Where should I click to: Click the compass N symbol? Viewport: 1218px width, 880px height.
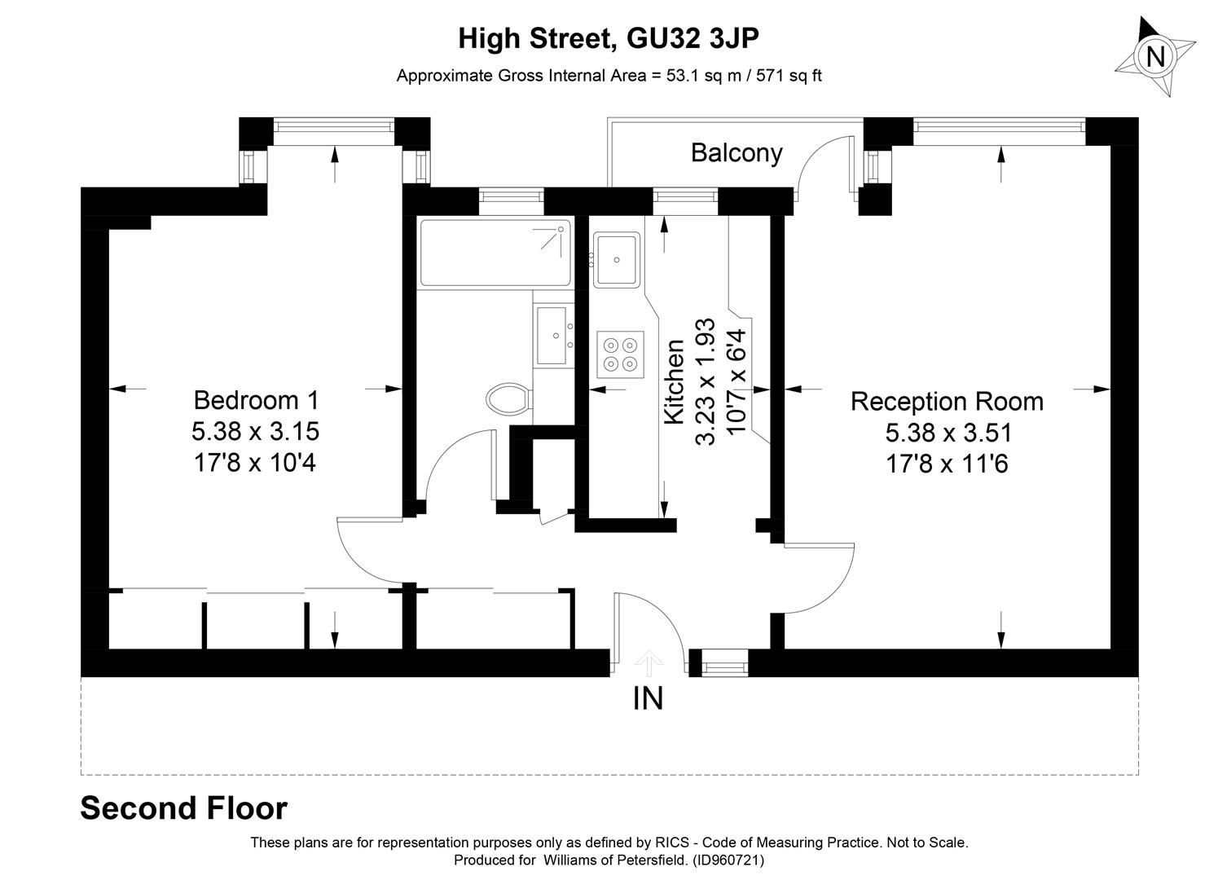1154,57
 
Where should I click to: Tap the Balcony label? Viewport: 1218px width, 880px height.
737,153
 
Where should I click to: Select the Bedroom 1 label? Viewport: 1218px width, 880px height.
256,400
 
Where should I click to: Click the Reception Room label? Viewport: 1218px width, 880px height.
947,402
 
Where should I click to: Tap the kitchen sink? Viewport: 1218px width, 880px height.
617,259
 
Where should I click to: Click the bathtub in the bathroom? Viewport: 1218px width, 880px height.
495,252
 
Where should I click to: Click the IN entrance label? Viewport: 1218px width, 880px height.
648,698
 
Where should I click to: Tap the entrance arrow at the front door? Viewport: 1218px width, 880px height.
648,663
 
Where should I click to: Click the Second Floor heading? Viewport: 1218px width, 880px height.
183,808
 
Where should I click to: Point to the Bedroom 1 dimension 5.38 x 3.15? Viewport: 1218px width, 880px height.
256,431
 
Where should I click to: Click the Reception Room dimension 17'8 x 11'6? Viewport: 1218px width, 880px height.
947,464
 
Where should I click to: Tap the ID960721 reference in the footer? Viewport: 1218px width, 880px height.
728,860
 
